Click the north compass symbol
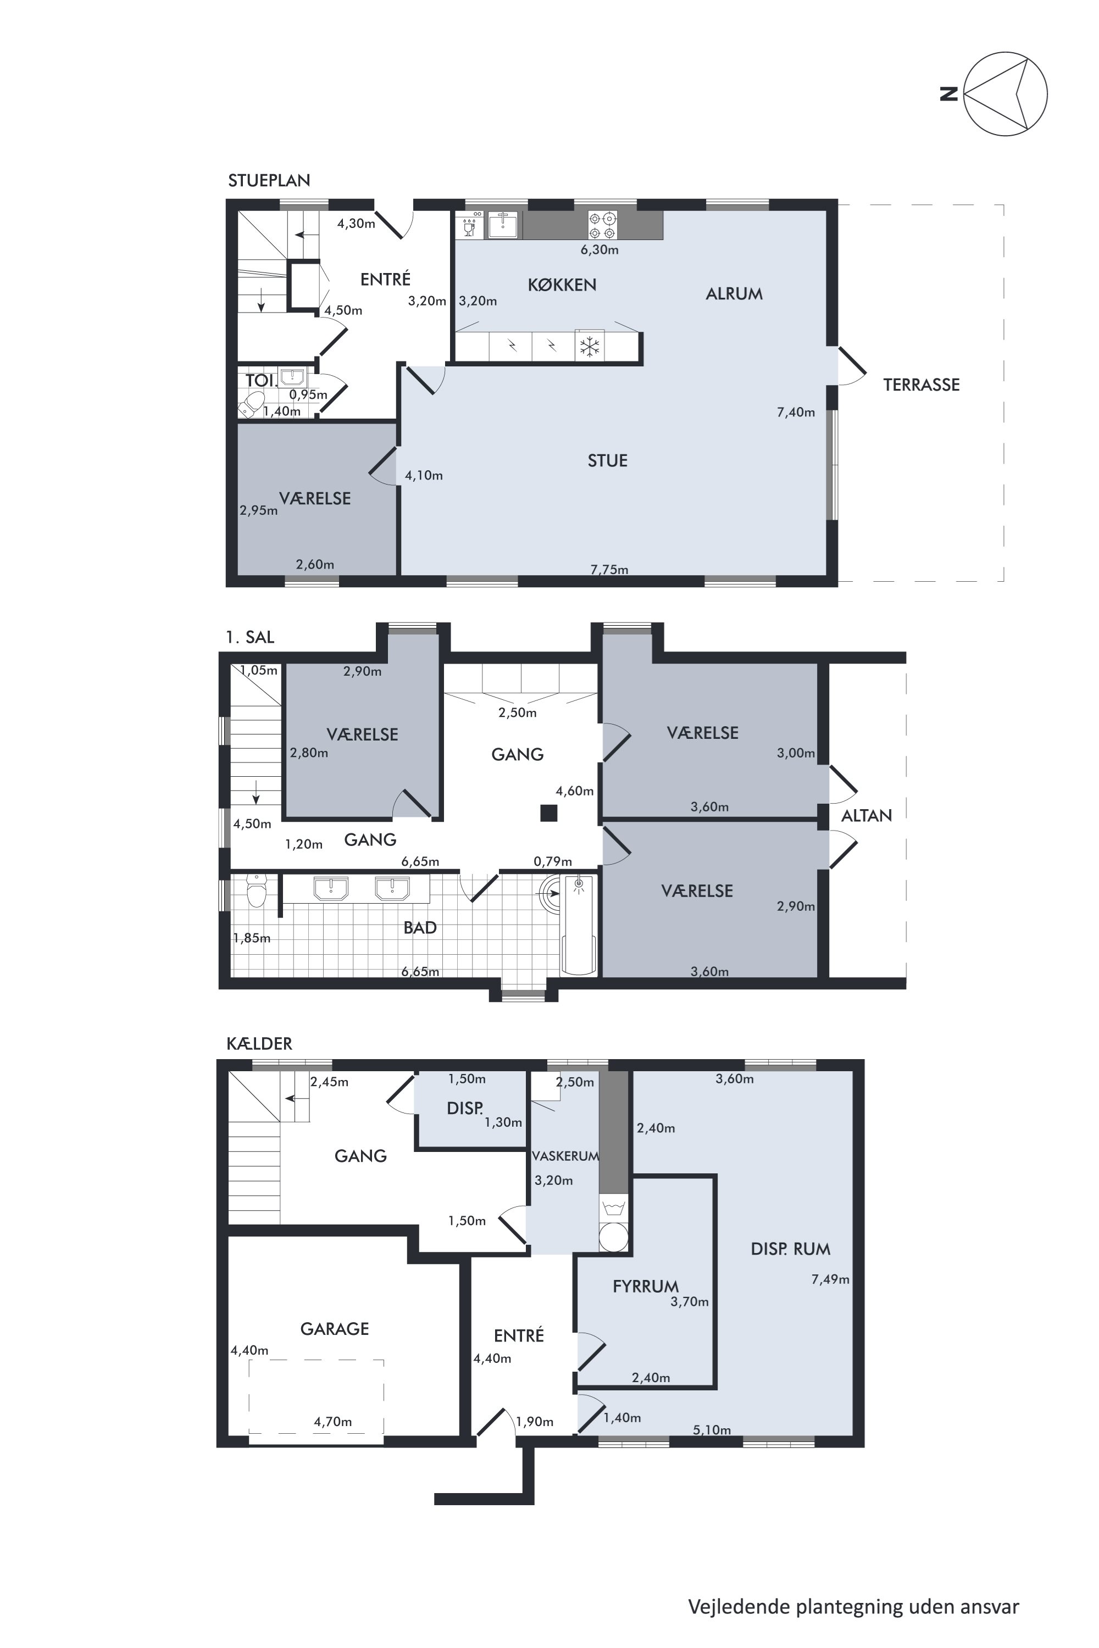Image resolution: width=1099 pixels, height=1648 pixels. click(x=1005, y=93)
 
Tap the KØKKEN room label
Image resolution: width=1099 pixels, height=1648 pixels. click(x=562, y=285)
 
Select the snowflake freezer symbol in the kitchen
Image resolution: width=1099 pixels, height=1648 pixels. click(x=590, y=346)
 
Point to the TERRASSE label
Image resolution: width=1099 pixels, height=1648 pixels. click(x=921, y=385)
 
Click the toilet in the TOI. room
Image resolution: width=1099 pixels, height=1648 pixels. click(x=251, y=404)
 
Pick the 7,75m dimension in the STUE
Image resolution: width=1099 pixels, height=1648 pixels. click(x=609, y=569)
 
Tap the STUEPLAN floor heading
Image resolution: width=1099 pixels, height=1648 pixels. click(x=269, y=180)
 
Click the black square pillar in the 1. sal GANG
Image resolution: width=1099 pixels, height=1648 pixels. click(x=548, y=813)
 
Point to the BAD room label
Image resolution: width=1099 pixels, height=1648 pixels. click(x=420, y=927)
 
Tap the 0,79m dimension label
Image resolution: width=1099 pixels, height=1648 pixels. click(x=552, y=861)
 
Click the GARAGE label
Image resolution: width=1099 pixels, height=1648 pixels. click(x=334, y=1328)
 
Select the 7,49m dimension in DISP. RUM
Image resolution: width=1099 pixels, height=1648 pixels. click(x=830, y=1279)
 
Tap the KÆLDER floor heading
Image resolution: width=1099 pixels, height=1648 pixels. click(x=259, y=1043)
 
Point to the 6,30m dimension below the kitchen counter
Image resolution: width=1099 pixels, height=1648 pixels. click(x=600, y=249)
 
